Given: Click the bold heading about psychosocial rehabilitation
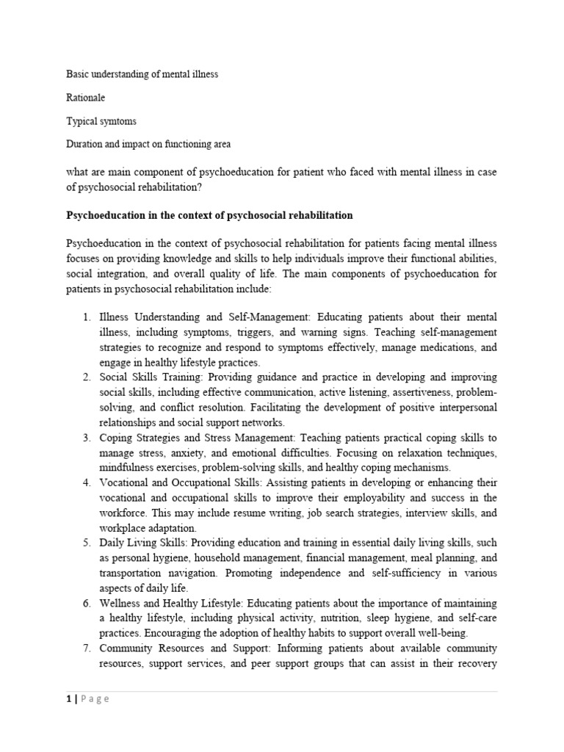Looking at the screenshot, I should pyautogui.click(x=209, y=216).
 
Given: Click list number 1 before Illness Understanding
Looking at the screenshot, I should pyautogui.click(x=85, y=317).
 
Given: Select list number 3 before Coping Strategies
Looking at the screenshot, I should pyautogui.click(x=85, y=438).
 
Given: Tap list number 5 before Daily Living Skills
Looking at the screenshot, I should pyautogui.click(x=85, y=543).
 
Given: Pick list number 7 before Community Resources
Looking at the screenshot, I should pyautogui.click(x=85, y=648).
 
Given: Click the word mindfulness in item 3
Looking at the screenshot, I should pyautogui.click(x=130, y=467).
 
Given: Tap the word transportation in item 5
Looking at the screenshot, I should pyautogui.click(x=134, y=573).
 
